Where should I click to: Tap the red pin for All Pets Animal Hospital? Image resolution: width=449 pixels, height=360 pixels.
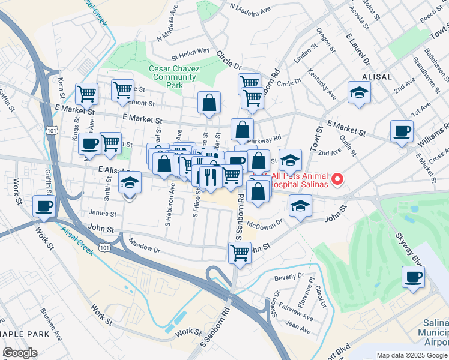click(337, 179)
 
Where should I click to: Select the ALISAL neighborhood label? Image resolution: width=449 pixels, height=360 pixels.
click(378, 77)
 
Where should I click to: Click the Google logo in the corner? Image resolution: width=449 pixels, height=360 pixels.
click(20, 353)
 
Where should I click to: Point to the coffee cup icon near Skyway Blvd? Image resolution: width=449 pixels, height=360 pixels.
click(412, 277)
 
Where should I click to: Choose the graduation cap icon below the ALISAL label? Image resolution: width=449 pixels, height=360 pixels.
click(359, 92)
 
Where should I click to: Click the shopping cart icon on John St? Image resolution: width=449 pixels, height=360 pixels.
click(240, 253)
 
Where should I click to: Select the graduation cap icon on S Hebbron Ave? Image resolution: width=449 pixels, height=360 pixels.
click(130, 183)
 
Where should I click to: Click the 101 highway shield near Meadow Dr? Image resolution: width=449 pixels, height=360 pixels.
click(104, 247)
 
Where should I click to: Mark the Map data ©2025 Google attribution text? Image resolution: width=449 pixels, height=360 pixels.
click(411, 355)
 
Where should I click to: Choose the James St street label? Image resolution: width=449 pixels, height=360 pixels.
click(101, 213)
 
